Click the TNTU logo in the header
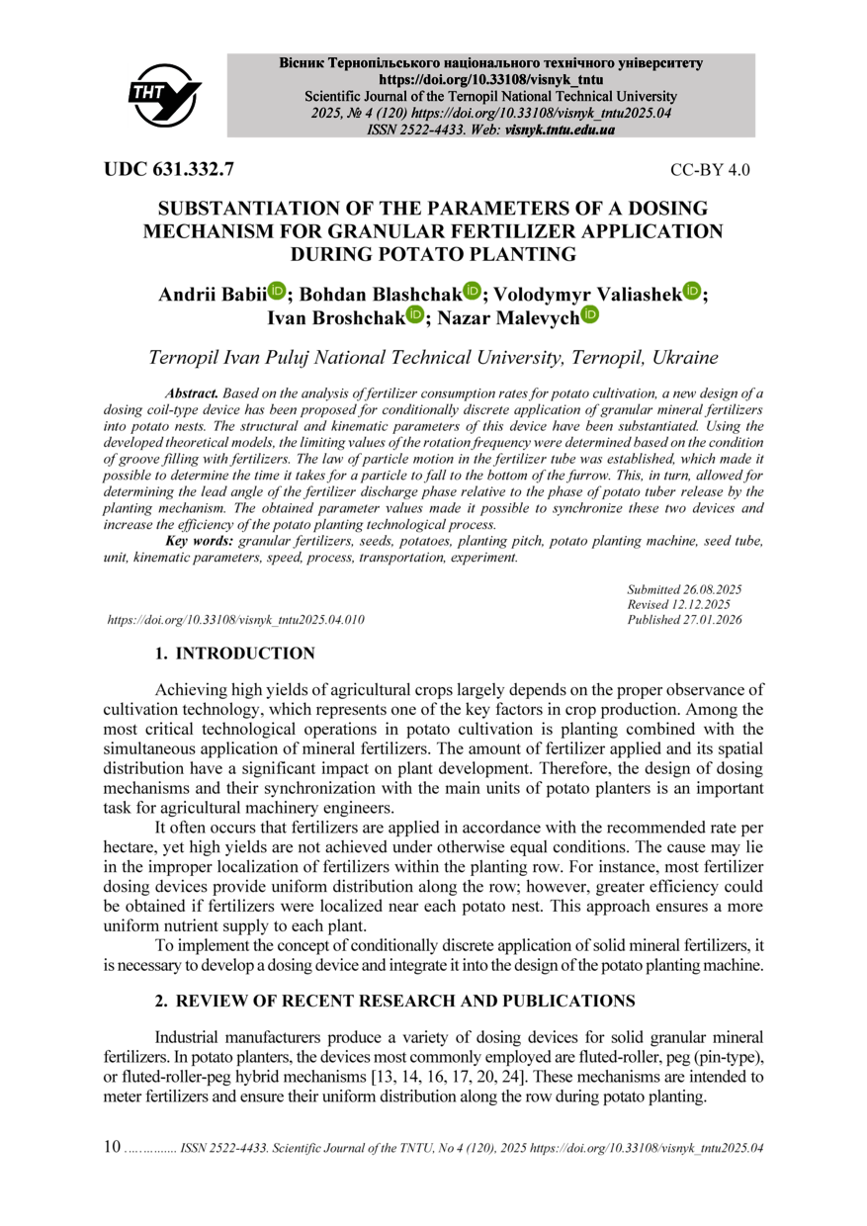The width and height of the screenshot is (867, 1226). tap(164, 95)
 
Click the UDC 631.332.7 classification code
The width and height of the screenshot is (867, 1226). tap(169, 169)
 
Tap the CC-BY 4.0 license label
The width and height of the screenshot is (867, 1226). tap(710, 170)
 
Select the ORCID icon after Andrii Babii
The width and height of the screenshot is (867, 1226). tap(277, 291)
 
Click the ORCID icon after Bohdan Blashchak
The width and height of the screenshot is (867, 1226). tap(472, 291)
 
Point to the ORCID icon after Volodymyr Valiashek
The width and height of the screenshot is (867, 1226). tap(691, 291)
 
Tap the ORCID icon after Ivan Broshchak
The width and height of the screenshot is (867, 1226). tap(413, 314)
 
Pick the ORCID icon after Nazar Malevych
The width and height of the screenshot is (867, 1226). tap(590, 314)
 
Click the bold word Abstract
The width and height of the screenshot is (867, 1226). tap(193, 394)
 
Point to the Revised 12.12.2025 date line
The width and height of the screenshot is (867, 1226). tap(679, 605)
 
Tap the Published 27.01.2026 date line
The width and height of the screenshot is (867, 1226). tap(684, 620)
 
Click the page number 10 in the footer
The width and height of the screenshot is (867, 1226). tap(112, 1148)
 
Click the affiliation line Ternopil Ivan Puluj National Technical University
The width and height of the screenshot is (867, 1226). tap(433, 357)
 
